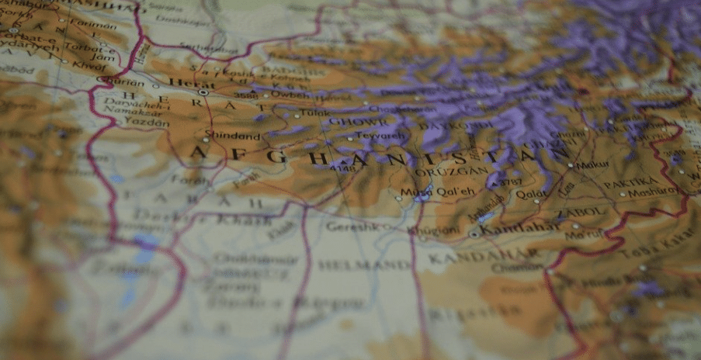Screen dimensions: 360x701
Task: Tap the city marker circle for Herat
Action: click(203, 92)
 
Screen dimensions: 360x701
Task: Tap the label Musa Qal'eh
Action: click(427, 191)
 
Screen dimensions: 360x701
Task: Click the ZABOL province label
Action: click(580, 211)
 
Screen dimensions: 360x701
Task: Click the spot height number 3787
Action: click(509, 182)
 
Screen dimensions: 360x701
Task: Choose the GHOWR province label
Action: click(357, 122)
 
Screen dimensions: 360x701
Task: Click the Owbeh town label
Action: click(291, 95)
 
